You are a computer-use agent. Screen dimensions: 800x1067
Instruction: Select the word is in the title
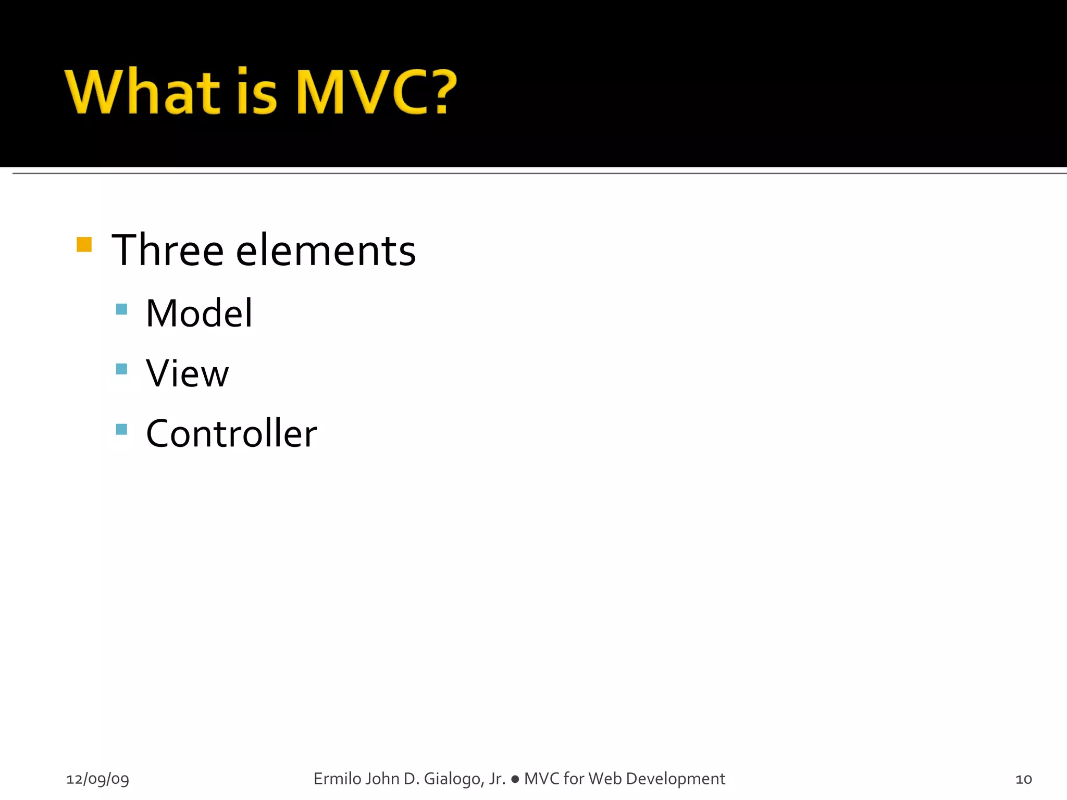(256, 92)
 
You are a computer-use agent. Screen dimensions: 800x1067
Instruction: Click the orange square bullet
(84, 244)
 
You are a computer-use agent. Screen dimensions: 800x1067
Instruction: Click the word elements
(326, 251)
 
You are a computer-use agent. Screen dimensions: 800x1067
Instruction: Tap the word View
(187, 373)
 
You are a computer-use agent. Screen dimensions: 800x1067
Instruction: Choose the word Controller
(231, 433)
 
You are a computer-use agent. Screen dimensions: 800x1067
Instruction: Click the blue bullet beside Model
(121, 309)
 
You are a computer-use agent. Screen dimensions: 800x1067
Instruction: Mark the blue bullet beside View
(121, 369)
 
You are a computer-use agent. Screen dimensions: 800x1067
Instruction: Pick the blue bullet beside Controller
(121, 429)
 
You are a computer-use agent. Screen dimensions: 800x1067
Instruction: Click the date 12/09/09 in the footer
(97, 779)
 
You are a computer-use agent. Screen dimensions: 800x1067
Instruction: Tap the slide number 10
(1023, 779)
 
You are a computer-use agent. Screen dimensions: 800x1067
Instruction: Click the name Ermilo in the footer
(337, 779)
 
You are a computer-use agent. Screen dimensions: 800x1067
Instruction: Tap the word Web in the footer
(604, 779)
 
